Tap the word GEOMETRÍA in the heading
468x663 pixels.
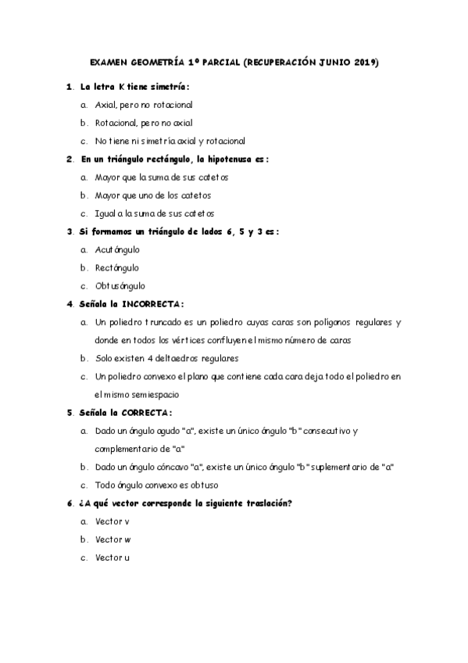154,63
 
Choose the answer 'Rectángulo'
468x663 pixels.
116,267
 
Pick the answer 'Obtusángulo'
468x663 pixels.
120,285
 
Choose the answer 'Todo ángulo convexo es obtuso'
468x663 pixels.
151,485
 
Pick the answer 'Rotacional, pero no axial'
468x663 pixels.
143,123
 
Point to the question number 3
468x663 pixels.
70,231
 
